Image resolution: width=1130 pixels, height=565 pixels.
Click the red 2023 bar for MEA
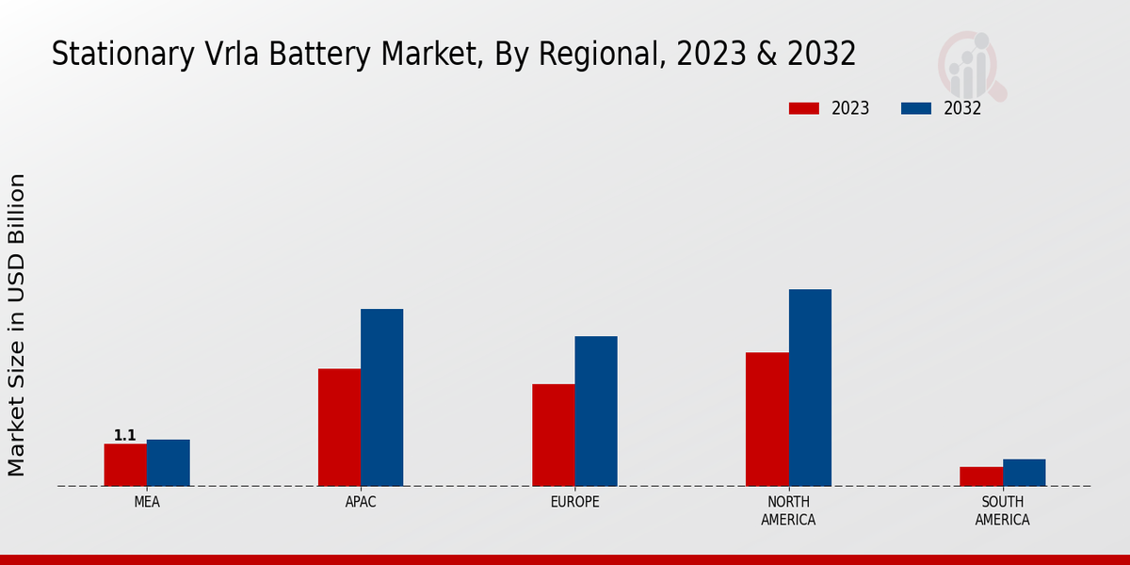point(125,464)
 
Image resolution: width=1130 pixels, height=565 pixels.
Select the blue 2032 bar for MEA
point(168,462)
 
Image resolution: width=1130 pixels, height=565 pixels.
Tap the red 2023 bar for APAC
point(339,427)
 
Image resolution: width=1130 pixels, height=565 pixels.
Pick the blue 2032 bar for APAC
point(381,397)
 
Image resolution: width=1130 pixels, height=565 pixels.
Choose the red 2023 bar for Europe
point(553,434)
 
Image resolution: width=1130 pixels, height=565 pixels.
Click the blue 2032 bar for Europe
point(596,411)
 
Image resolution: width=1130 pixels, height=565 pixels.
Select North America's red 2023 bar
point(767,419)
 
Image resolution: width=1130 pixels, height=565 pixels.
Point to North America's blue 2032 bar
point(810,387)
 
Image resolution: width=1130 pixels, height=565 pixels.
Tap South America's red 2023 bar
point(980,476)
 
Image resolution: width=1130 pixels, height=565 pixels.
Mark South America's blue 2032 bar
point(1024,473)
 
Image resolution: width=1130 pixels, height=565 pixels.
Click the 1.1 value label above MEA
point(125,435)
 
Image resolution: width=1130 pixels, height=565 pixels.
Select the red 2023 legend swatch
point(803,108)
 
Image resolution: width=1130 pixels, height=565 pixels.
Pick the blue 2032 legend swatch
point(915,108)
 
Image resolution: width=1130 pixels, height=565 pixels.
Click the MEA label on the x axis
point(147,502)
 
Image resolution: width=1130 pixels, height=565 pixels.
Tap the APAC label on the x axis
point(361,502)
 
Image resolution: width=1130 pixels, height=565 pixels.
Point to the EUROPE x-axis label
point(574,502)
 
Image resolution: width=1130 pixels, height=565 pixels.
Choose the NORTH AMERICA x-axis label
point(788,510)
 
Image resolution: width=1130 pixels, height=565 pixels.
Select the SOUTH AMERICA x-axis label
point(1002,510)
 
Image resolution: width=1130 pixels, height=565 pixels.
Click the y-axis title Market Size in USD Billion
point(17,325)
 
